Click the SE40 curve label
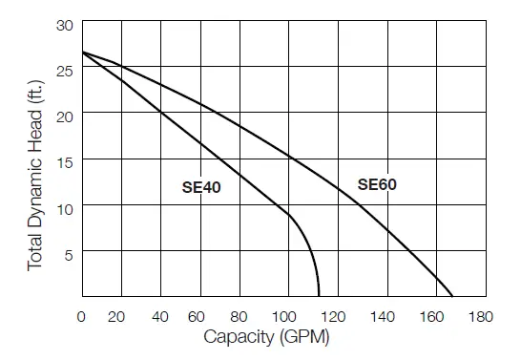click(201, 188)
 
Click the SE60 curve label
click(377, 184)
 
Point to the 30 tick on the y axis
click(65, 24)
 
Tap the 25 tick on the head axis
click(65, 69)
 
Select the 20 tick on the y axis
click(65, 115)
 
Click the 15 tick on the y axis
click(65, 160)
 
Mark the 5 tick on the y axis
click(69, 252)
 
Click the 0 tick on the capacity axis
click(82, 315)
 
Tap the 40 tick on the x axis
click(161, 315)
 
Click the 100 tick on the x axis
click(281, 315)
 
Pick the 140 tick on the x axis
click(362, 315)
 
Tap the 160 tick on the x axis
click(402, 315)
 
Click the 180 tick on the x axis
click(442, 315)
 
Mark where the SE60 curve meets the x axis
click(452, 297)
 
